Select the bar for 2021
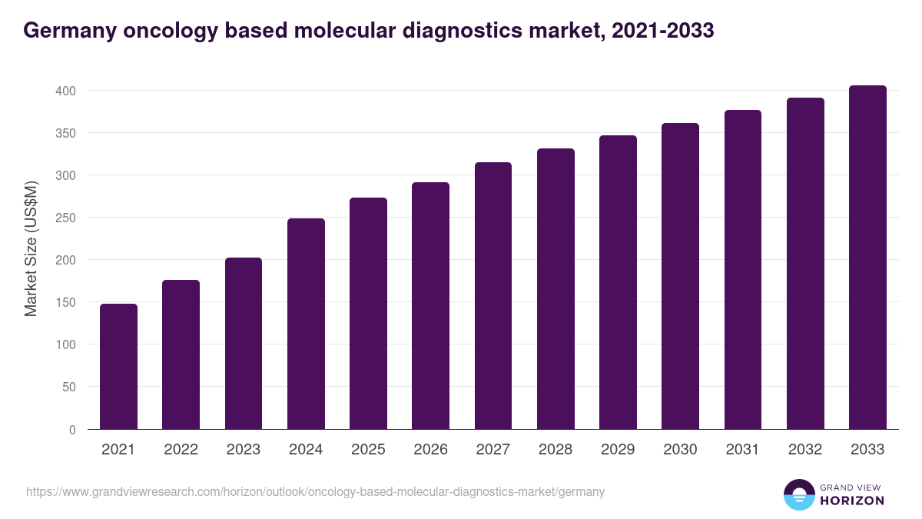point(118,367)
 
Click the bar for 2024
point(306,324)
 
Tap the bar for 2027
point(493,296)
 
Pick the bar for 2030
point(680,276)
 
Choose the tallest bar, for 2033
point(867,258)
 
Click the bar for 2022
point(181,354)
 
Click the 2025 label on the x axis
point(368,450)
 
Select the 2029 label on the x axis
point(618,450)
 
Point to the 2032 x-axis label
point(805,450)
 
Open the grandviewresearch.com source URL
point(315,491)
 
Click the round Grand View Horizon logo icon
point(799,494)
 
